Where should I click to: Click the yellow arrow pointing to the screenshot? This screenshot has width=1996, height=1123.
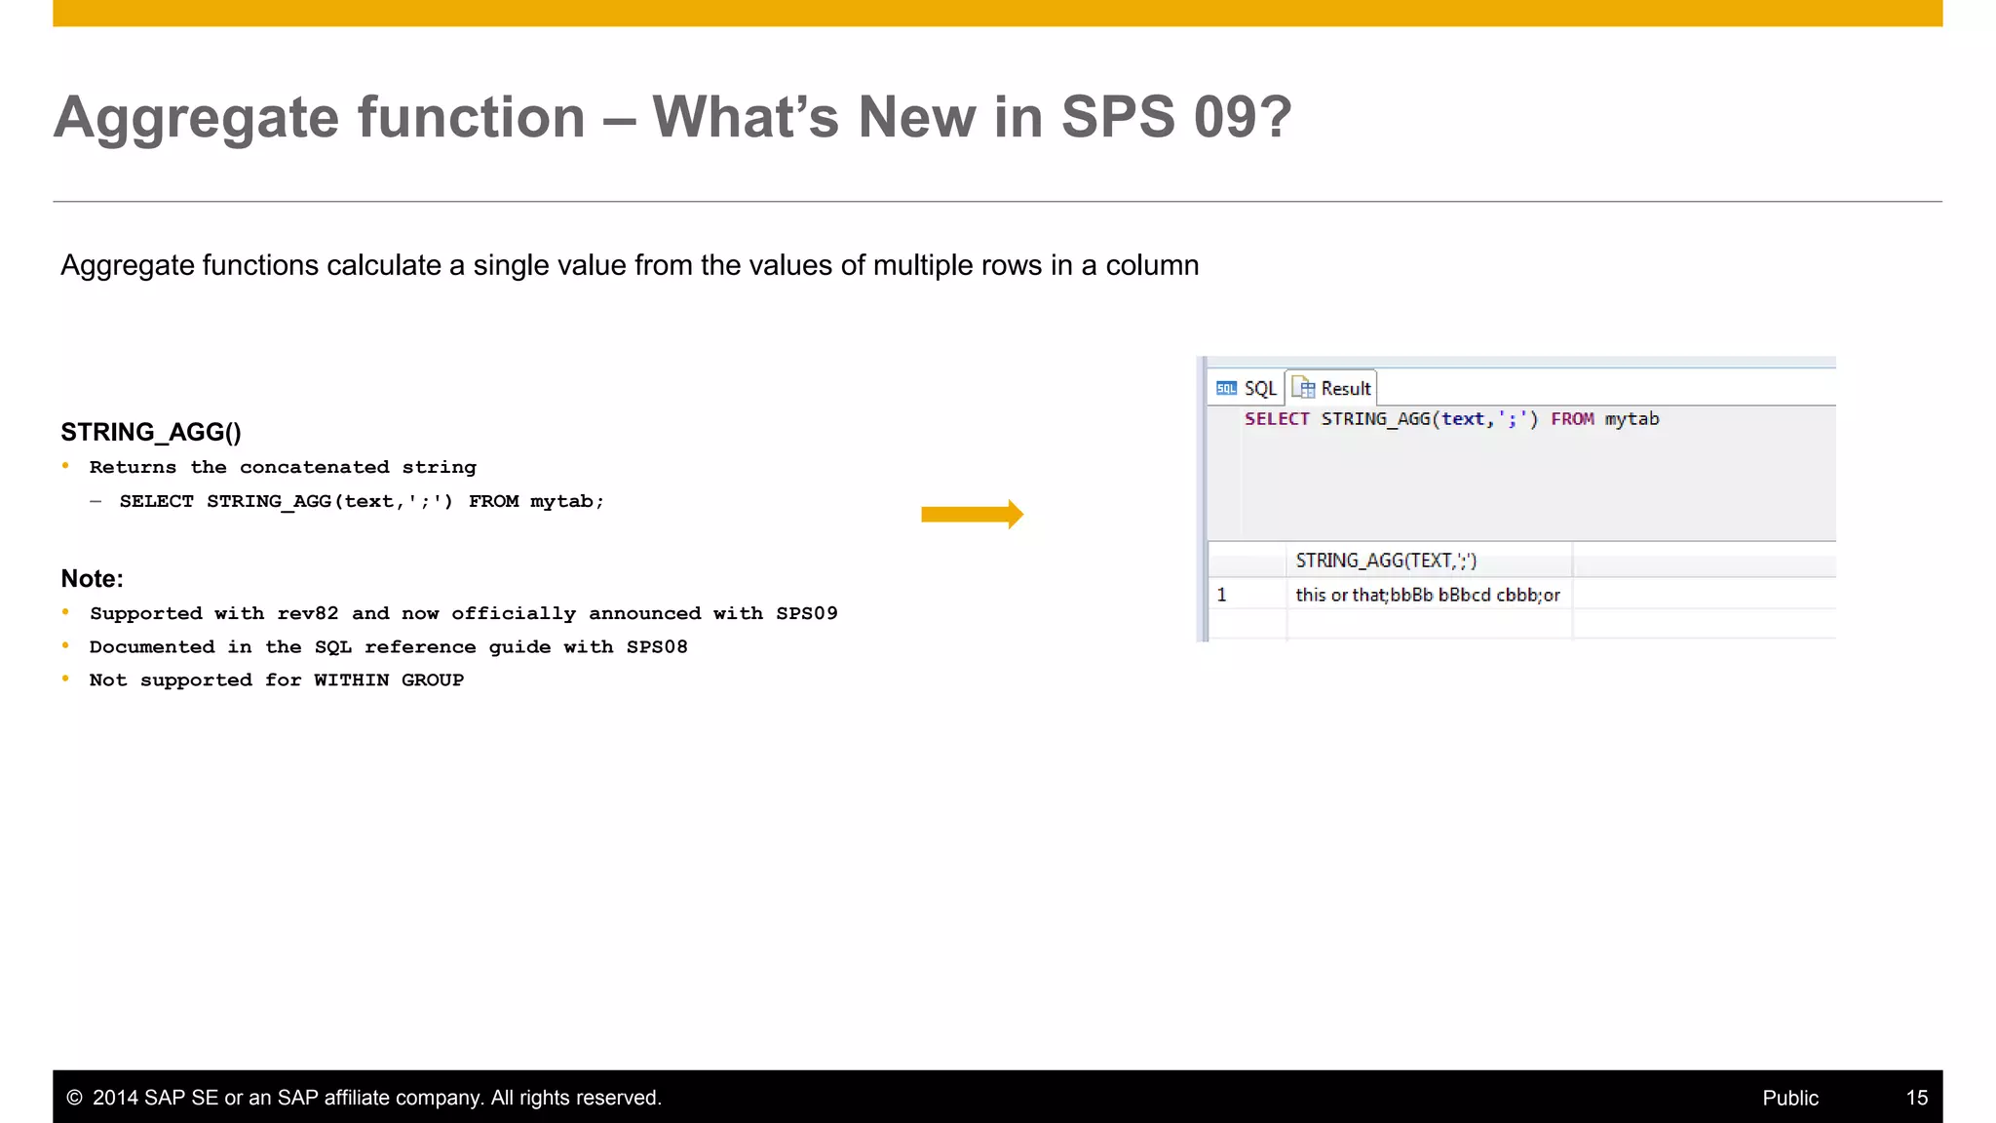[x=971, y=514]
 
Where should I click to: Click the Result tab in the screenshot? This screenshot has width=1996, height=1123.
[x=1332, y=388]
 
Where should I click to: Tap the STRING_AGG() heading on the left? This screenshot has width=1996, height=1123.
[x=151, y=432]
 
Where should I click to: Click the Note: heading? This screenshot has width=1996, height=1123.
[x=92, y=578]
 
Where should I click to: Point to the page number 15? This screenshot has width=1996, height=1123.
[x=1916, y=1098]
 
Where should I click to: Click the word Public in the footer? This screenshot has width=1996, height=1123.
[x=1789, y=1098]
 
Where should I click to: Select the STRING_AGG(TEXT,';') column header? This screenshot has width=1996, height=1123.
[x=1385, y=561]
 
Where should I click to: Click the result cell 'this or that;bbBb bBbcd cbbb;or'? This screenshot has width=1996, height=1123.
[x=1427, y=595]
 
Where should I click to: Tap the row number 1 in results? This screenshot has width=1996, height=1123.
[x=1221, y=595]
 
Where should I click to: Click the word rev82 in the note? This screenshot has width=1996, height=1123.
[x=308, y=613]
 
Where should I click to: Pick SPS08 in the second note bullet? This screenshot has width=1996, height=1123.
[x=657, y=646]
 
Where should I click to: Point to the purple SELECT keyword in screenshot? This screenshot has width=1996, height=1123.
[x=1276, y=419]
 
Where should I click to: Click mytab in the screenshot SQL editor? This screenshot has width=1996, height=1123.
[x=1631, y=419]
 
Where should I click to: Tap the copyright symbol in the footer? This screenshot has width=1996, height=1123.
[x=74, y=1098]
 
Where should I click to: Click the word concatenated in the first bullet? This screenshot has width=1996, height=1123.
[x=314, y=467]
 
